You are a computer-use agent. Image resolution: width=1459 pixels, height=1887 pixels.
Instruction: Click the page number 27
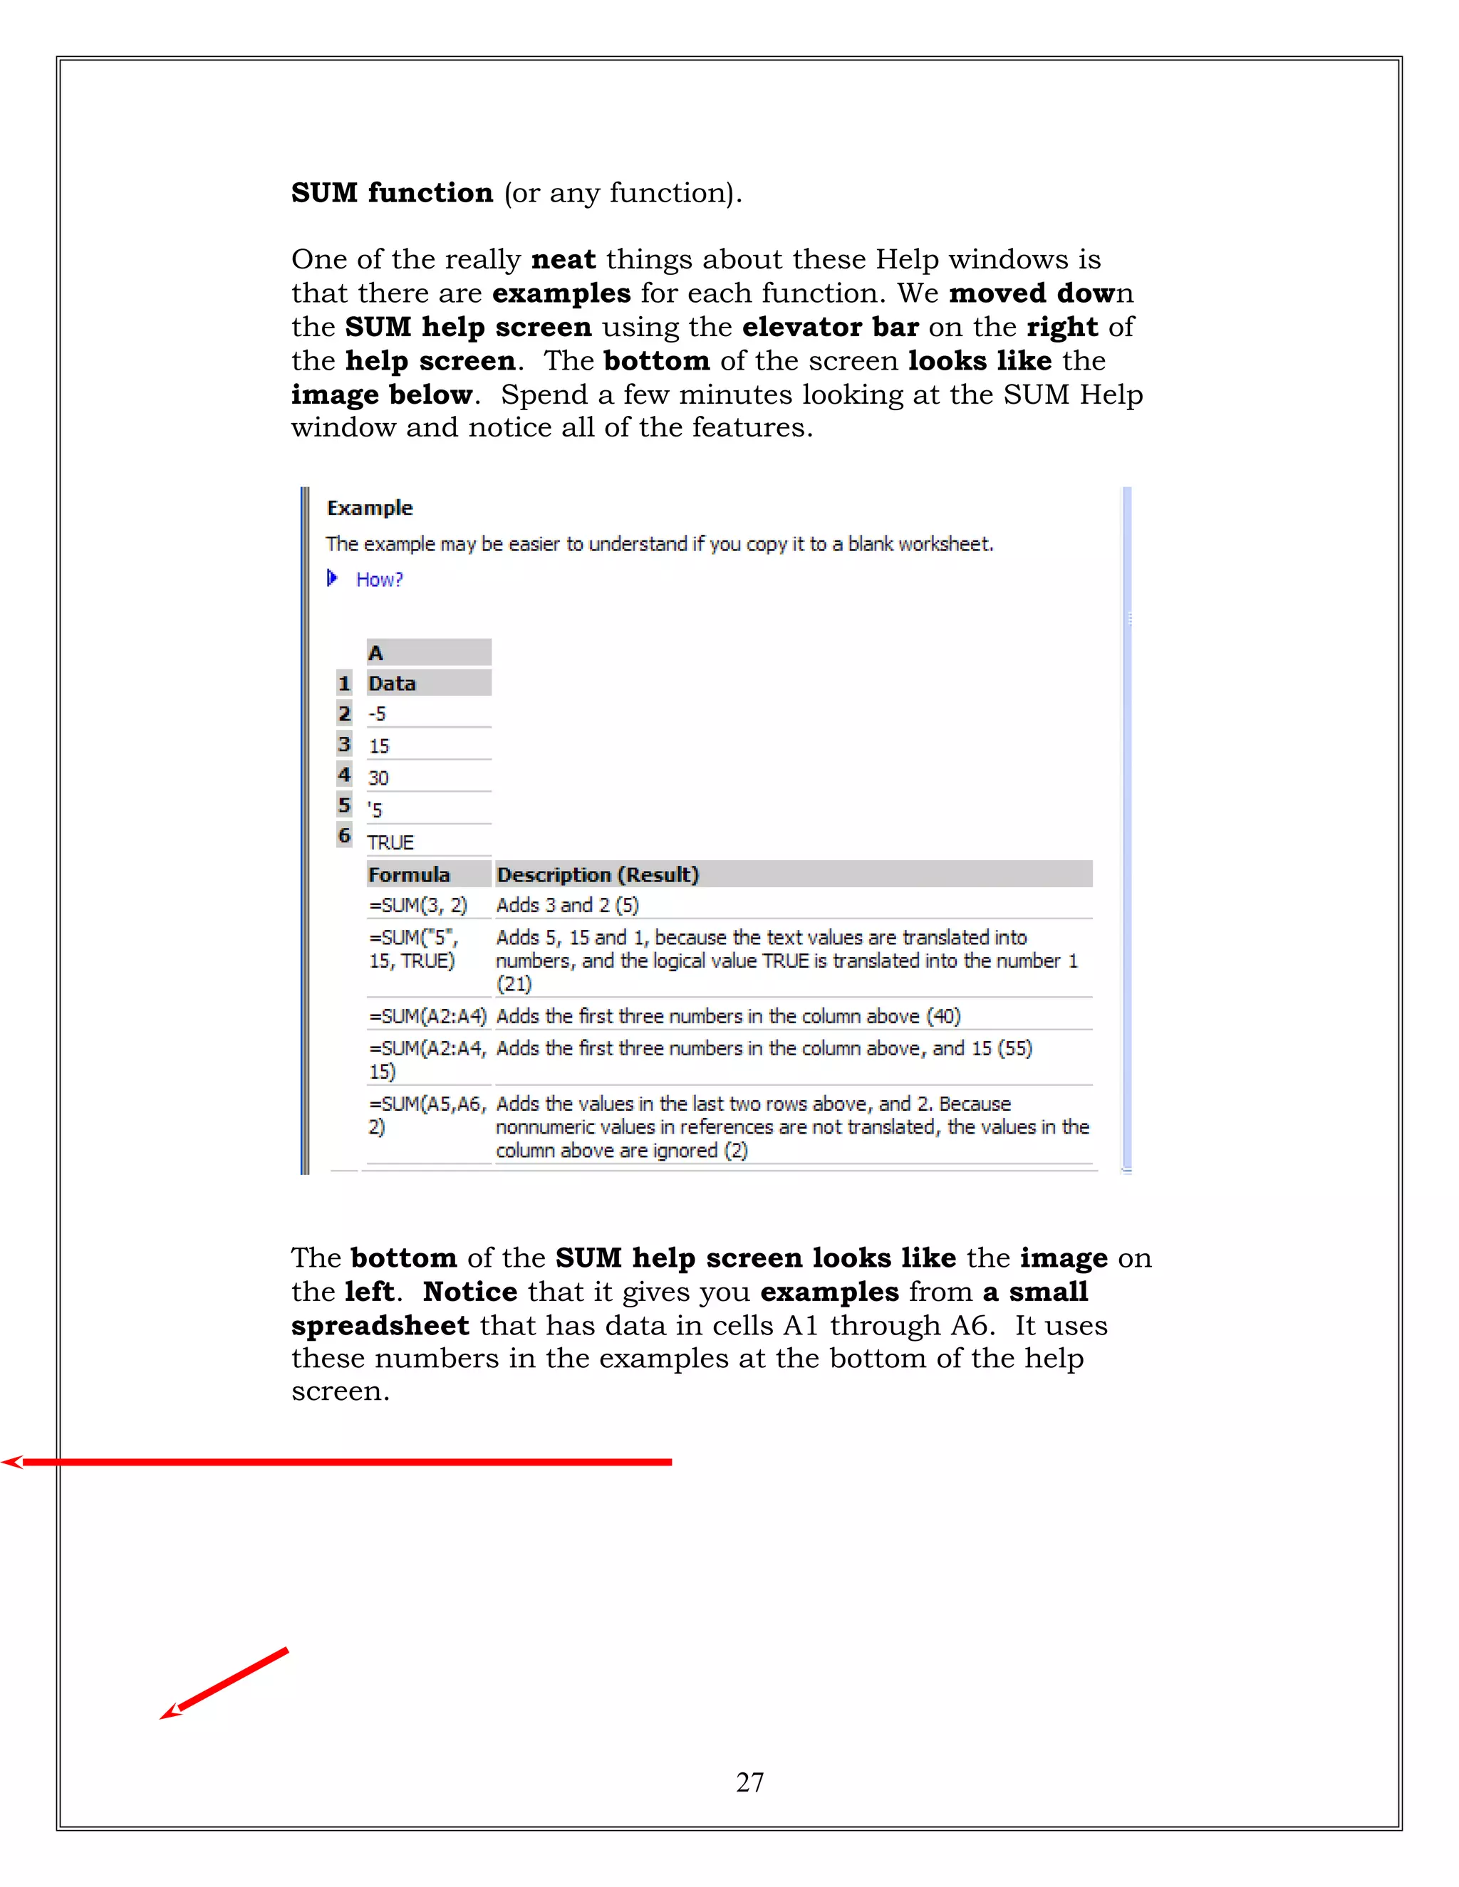tap(749, 1782)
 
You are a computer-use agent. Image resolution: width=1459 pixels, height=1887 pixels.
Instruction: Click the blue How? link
tap(380, 580)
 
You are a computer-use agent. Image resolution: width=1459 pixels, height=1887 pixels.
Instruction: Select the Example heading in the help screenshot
tap(370, 508)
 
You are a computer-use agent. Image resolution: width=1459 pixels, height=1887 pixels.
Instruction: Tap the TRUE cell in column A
tap(390, 842)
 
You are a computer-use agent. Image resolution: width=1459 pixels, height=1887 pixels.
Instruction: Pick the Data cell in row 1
tap(393, 684)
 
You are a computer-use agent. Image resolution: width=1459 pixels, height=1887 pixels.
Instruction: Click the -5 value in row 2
tap(378, 714)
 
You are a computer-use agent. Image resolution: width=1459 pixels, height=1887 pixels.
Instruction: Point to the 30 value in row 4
tap(378, 778)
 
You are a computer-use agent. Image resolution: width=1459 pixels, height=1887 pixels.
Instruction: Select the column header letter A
tap(376, 653)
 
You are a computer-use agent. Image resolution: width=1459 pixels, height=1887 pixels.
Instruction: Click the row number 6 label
tap(344, 835)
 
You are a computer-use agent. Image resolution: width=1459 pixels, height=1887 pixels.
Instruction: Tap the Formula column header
tap(410, 875)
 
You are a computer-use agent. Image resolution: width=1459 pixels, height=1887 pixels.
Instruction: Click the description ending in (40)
tap(728, 1017)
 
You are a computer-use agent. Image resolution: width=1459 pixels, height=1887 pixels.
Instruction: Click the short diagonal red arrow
tap(224, 1684)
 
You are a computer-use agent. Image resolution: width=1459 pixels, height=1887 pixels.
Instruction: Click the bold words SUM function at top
tap(392, 193)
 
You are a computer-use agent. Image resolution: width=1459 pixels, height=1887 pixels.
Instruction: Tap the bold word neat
tap(564, 259)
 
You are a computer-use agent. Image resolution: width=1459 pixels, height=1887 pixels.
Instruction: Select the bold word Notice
tap(470, 1292)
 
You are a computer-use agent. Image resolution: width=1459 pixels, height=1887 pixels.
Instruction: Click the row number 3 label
tap(344, 745)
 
